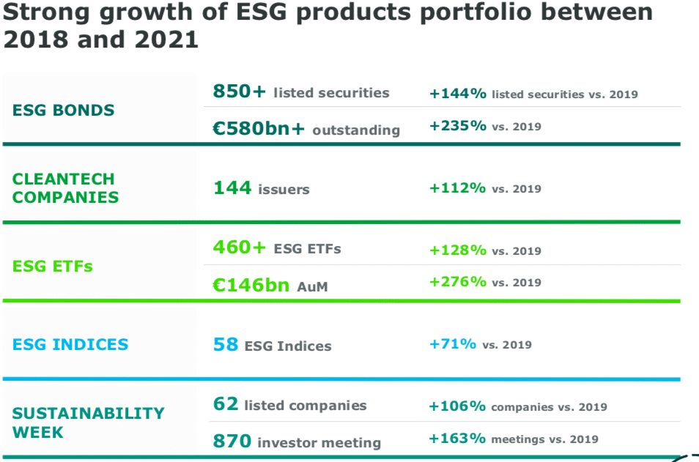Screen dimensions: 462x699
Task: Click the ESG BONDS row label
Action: coord(64,111)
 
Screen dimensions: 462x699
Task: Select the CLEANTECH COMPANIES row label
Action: coord(65,188)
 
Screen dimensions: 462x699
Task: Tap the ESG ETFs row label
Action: coord(53,267)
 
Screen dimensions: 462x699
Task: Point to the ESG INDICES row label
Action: coord(70,344)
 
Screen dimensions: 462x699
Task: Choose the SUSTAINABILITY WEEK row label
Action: coord(89,422)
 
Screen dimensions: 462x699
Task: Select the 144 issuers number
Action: coord(232,189)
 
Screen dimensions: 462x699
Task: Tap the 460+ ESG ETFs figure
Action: coord(240,248)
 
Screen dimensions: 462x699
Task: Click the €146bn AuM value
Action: coord(251,286)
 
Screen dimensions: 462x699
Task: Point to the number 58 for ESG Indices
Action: coord(226,345)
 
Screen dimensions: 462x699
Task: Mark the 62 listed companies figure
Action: coord(226,405)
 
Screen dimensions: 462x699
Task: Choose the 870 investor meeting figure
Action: coord(232,441)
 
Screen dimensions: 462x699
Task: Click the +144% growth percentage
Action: coord(457,94)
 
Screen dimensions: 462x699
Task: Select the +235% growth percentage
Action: coord(457,126)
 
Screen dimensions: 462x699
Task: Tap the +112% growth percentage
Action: coord(457,188)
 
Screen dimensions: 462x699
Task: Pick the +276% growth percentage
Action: coord(457,282)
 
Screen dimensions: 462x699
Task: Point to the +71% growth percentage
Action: coord(453,344)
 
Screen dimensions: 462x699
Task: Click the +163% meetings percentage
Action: coord(457,439)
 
